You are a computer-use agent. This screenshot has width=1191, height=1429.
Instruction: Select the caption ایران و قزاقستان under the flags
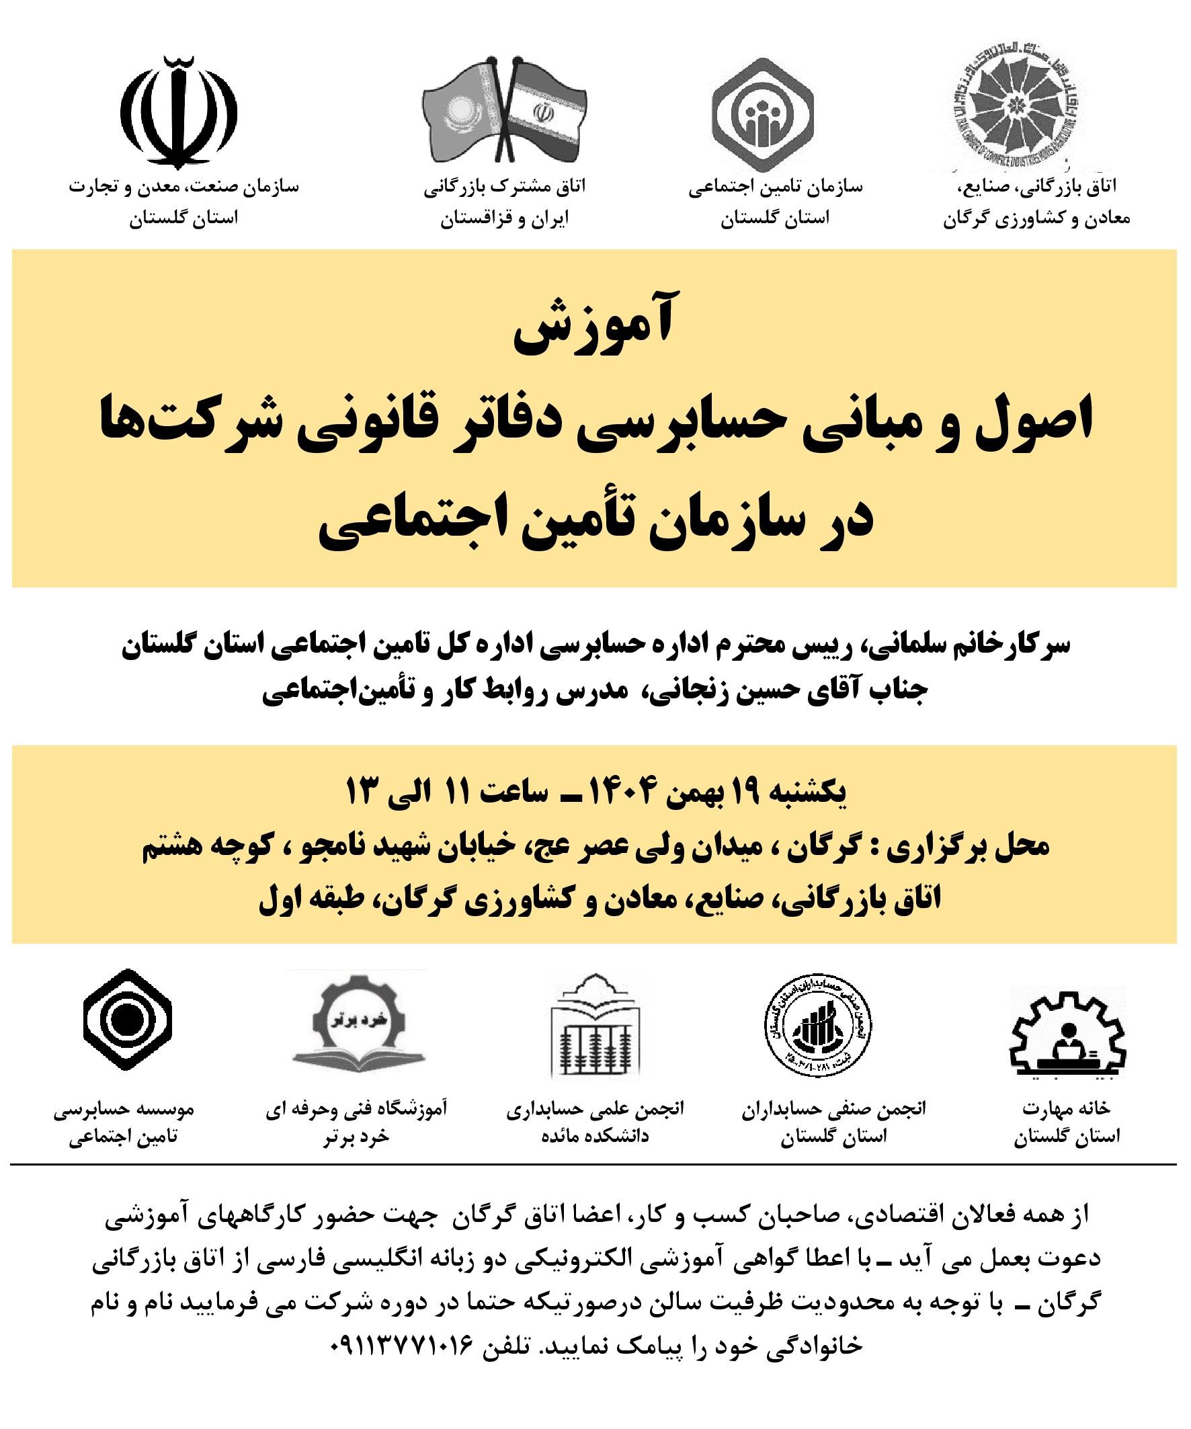(x=504, y=220)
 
